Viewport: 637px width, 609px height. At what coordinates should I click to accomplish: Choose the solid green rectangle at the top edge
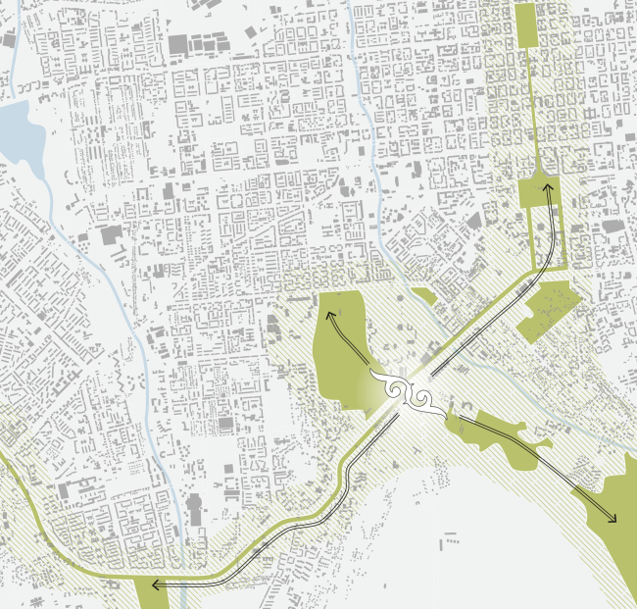524,25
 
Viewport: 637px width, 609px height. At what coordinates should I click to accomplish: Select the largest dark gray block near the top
179,44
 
